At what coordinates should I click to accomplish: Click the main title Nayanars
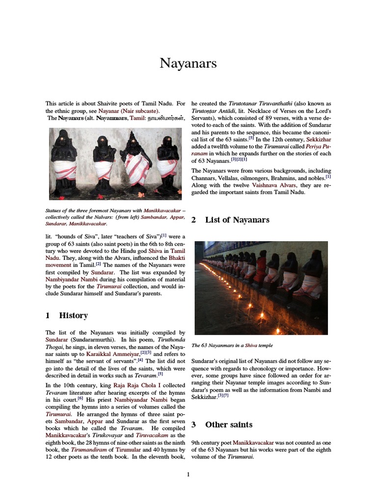click(188, 63)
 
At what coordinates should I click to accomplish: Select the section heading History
click(73, 316)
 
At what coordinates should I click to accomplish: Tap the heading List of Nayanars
click(237, 220)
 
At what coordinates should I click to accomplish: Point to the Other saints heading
click(229, 425)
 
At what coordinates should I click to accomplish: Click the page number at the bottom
click(188, 474)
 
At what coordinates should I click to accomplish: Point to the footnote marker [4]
click(141, 360)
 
